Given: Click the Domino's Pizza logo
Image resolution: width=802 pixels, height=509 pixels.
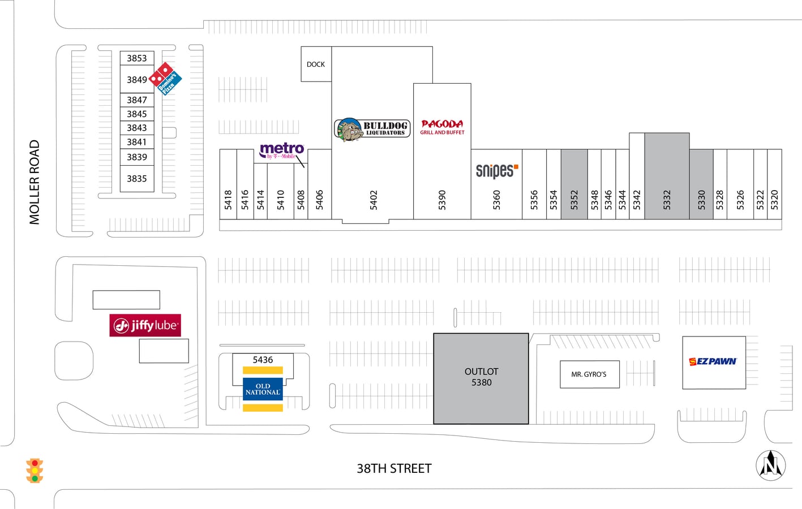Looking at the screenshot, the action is (x=165, y=79).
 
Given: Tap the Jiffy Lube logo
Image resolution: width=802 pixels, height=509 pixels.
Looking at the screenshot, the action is (x=145, y=325).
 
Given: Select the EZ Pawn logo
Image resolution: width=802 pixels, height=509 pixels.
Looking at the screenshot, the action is (x=713, y=361).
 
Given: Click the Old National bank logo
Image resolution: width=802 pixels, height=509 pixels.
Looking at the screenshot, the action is (x=263, y=389).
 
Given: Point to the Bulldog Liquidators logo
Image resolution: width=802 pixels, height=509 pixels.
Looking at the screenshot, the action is (x=372, y=129).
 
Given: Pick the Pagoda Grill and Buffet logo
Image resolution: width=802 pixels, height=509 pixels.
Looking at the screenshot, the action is (x=442, y=127).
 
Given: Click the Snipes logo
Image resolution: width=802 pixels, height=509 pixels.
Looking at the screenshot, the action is (x=497, y=171).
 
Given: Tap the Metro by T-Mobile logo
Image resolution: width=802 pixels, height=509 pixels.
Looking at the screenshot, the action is (x=282, y=150).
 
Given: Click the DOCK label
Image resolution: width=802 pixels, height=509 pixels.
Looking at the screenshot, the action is (x=316, y=64).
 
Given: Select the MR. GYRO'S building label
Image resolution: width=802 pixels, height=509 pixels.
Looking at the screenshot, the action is (x=589, y=374).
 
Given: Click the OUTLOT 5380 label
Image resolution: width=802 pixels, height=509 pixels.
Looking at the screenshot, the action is (x=481, y=377).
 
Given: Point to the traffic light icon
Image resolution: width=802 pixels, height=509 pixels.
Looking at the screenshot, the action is (x=35, y=471).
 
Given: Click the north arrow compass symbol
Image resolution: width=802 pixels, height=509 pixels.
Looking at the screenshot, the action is (x=771, y=465).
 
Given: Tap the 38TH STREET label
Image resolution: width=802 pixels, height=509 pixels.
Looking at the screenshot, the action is (x=394, y=469).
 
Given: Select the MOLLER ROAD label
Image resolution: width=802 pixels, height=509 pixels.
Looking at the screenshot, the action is (x=35, y=182).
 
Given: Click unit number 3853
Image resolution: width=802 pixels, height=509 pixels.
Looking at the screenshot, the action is (x=137, y=58).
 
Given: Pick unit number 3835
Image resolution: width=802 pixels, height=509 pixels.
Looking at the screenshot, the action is (x=137, y=179).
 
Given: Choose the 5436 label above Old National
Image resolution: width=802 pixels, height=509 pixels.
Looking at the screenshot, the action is (x=263, y=360).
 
